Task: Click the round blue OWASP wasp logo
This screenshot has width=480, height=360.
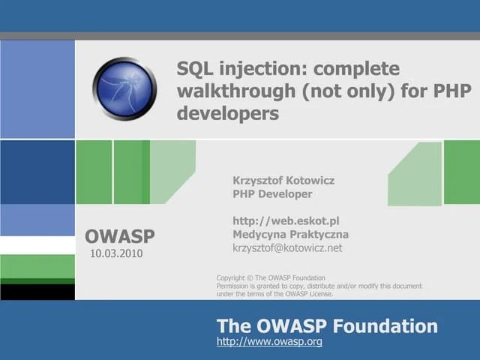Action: tap(124, 89)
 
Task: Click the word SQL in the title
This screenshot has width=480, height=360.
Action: tap(195, 69)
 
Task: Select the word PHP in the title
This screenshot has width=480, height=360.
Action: tap(454, 91)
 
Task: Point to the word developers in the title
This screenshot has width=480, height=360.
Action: tap(228, 114)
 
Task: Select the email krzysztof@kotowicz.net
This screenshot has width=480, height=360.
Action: tap(287, 247)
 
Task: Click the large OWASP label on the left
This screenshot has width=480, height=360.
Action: tap(120, 237)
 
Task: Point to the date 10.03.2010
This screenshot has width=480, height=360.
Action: tap(116, 253)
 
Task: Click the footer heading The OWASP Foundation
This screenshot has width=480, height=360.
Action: tap(327, 326)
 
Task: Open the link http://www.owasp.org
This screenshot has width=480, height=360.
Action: tap(269, 342)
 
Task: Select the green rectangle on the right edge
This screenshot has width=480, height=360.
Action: tap(461, 172)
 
